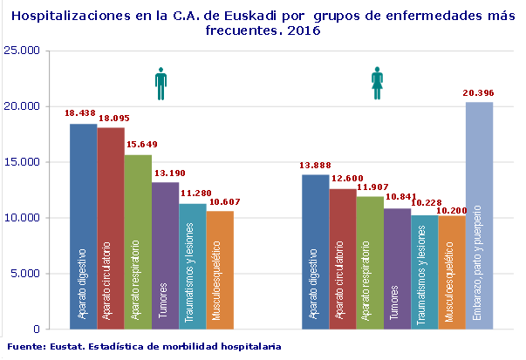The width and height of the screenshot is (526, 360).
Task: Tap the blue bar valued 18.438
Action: pos(83,227)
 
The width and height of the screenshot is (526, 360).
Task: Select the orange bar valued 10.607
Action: pos(219,270)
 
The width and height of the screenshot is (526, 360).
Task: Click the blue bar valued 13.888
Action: pos(315,252)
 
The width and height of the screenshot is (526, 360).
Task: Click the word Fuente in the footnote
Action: pos(24,346)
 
